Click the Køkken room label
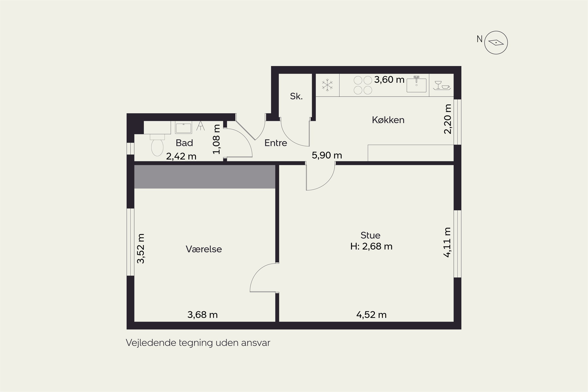[388, 120]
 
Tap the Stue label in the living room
[370, 235]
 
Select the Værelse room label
[204, 249]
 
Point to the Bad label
[184, 143]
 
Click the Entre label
[276, 143]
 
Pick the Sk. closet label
[296, 96]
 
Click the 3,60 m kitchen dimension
[389, 80]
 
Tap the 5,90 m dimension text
[327, 155]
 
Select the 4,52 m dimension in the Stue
[371, 315]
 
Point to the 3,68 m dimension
[202, 315]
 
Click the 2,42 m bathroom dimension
[181, 156]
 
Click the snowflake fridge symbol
[327, 85]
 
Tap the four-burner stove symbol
[363, 85]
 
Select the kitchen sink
[416, 84]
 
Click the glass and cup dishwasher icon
[442, 85]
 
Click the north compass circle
[496, 43]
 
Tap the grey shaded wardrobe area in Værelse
[205, 177]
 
